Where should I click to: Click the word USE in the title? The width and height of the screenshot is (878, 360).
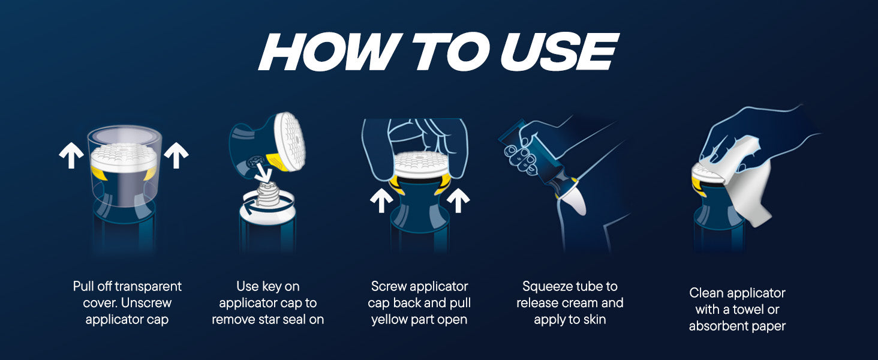click(x=559, y=52)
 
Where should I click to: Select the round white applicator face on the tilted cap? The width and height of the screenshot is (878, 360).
click(x=290, y=141)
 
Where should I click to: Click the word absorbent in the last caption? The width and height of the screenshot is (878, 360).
click(x=714, y=326)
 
